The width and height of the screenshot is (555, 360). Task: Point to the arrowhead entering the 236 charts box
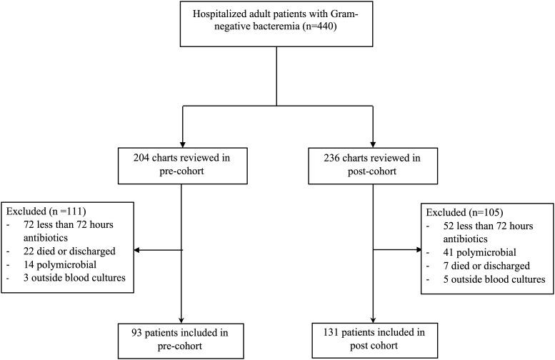371,141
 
